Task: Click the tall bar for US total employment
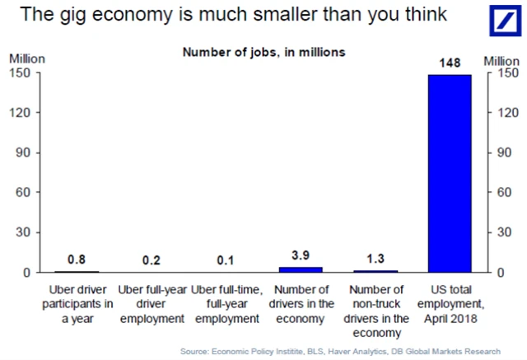coord(449,173)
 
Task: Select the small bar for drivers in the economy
coord(301,269)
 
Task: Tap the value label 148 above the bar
coord(449,63)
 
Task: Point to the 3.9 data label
coord(301,256)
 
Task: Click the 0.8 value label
coord(76,260)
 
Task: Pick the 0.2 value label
coord(151,260)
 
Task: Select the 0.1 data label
coord(226,260)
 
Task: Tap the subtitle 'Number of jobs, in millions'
coord(263,52)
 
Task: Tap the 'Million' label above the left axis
coord(27,59)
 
